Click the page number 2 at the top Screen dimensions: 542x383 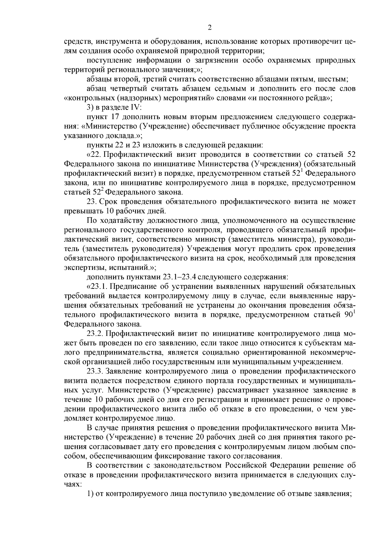(210, 28)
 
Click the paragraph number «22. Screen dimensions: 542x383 (94, 155)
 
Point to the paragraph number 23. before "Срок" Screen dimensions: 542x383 (92, 202)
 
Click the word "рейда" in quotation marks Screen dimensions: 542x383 (318, 98)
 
